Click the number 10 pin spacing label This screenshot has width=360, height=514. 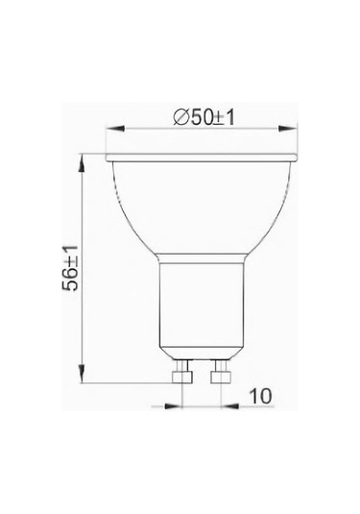[259, 395]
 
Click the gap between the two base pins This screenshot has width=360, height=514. [198, 375]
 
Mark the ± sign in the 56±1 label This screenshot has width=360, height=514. [70, 260]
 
